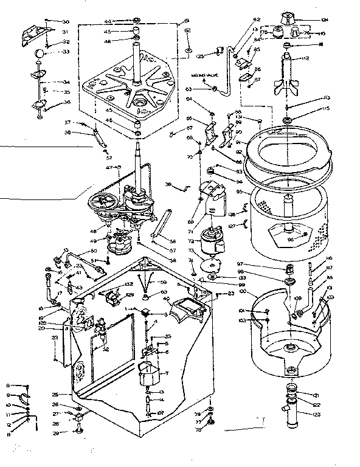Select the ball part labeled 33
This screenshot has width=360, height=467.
tap(40, 54)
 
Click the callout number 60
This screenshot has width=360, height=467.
tap(164, 292)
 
